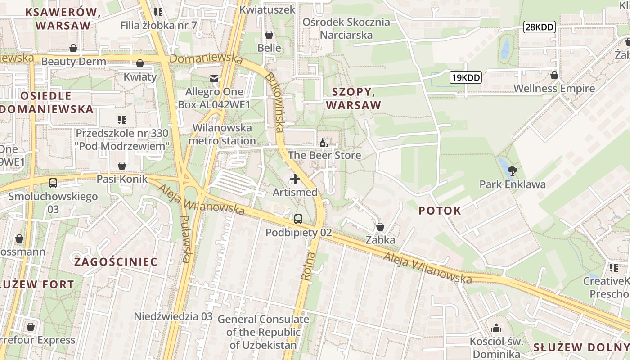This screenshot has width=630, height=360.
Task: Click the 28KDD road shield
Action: pyautogui.click(x=540, y=27)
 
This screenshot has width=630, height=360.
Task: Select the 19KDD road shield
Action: pyautogui.click(x=466, y=78)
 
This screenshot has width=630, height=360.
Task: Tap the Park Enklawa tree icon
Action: pyautogui.click(x=512, y=171)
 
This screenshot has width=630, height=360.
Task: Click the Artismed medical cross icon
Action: pyautogui.click(x=295, y=180)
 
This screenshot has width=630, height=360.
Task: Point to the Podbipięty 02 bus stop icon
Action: pyautogui.click(x=298, y=219)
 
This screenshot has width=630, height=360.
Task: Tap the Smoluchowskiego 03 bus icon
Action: pyautogui.click(x=53, y=183)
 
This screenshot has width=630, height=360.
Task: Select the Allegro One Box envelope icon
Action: pyautogui.click(x=214, y=79)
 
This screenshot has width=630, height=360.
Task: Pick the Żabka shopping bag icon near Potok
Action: pyautogui.click(x=380, y=227)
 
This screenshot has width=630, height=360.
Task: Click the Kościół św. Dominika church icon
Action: pyautogui.click(x=496, y=328)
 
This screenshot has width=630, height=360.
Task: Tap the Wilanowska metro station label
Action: pyautogui.click(x=222, y=134)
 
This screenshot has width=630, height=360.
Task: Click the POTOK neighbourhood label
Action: pyautogui.click(x=440, y=211)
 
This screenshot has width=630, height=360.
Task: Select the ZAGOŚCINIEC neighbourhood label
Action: pyautogui.click(x=116, y=262)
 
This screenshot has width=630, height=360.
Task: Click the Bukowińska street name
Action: pyautogui.click(x=274, y=103)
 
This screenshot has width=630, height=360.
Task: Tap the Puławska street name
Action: pyautogui.click(x=185, y=238)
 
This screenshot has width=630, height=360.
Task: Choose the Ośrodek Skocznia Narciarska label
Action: pyautogui.click(x=346, y=28)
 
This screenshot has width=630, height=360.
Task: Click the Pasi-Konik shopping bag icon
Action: pyautogui.click(x=121, y=166)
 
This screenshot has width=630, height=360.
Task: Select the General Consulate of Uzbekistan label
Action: pyautogui.click(x=263, y=332)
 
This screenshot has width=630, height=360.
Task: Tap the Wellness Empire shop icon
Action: pyautogui.click(x=554, y=75)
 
